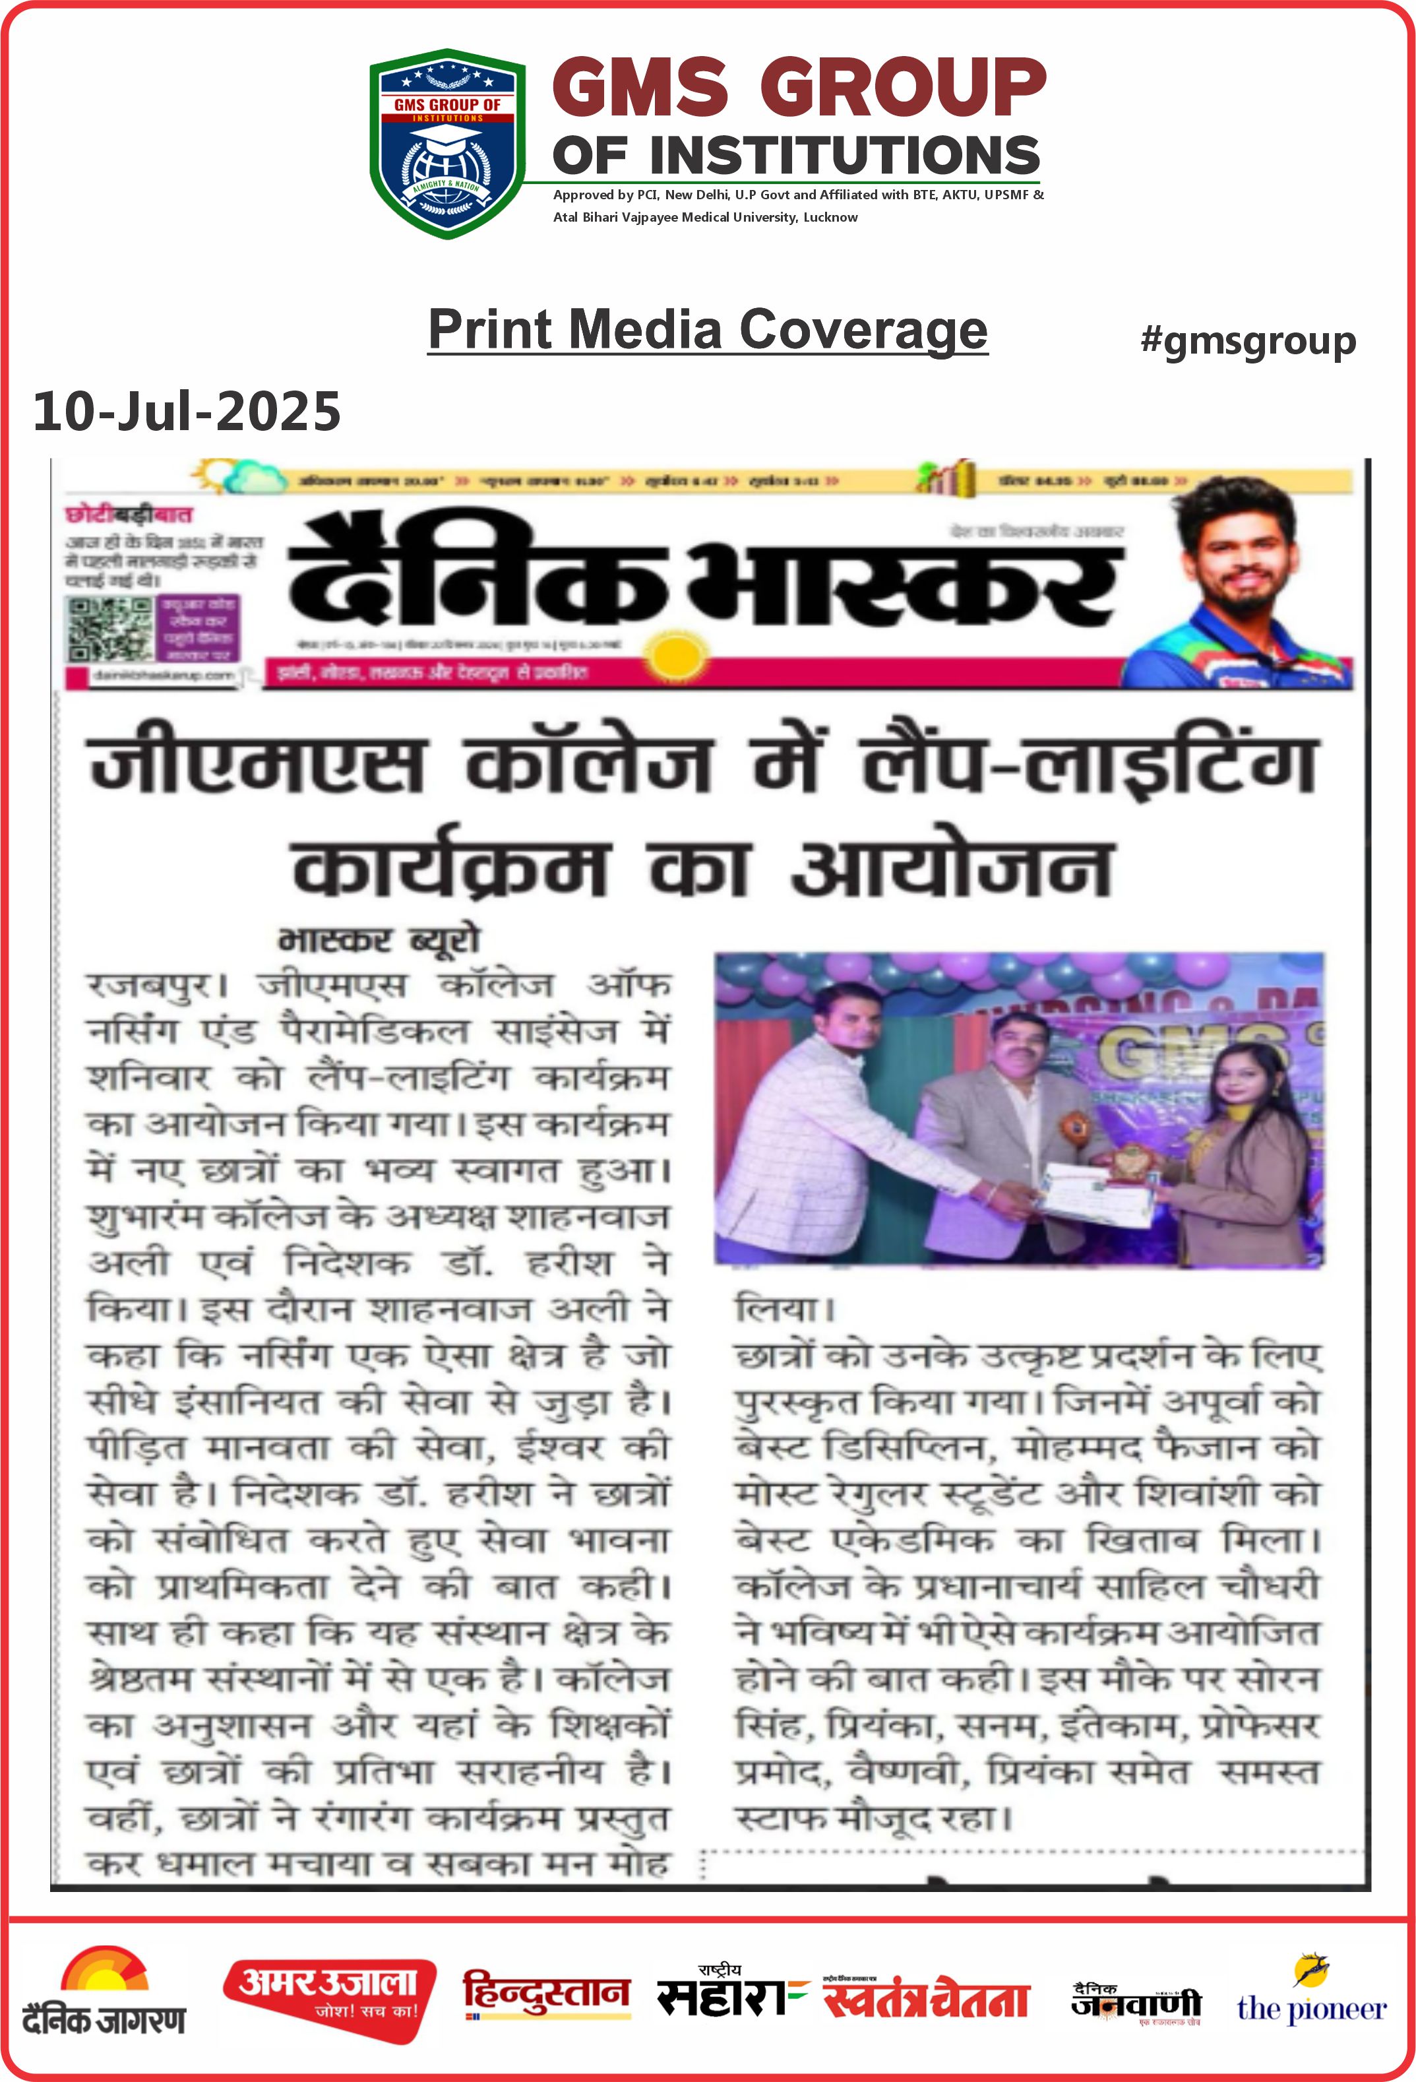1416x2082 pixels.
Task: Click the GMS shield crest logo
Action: pyautogui.click(x=447, y=143)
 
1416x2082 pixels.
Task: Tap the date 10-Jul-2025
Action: pyautogui.click(x=186, y=411)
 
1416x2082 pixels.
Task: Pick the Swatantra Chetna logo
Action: pyautogui.click(x=926, y=1998)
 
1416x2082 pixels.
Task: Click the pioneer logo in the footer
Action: pyautogui.click(x=1311, y=1996)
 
